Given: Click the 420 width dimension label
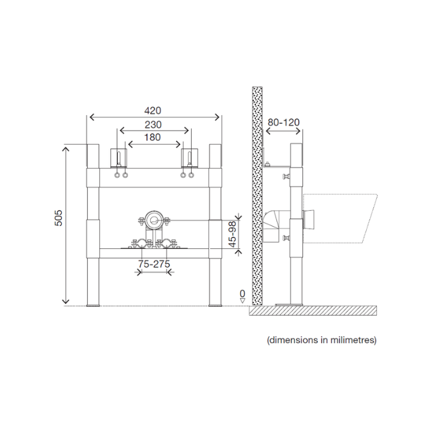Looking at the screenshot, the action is pyautogui.click(x=153, y=111).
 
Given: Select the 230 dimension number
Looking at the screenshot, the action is pyautogui.click(x=153, y=125).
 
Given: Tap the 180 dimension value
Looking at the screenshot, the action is pyautogui.click(x=152, y=138).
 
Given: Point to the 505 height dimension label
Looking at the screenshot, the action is pyautogui.click(x=59, y=218).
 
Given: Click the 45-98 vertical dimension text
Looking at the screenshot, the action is pyautogui.click(x=232, y=234).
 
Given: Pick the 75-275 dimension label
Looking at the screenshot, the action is pyautogui.click(x=154, y=264).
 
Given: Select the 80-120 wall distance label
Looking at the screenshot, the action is pyautogui.click(x=283, y=122).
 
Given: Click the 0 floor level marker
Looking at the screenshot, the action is pyautogui.click(x=243, y=294).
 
